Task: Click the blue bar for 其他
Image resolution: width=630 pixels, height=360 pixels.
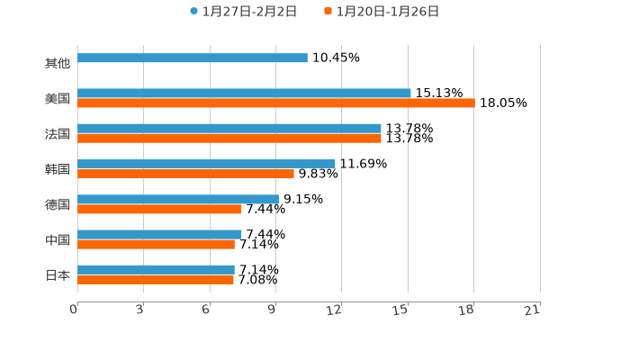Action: pyautogui.click(x=193, y=58)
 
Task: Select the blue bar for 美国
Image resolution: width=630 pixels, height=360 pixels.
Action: pyautogui.click(x=244, y=94)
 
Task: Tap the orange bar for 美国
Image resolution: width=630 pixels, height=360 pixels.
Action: pyautogui.click(x=276, y=103)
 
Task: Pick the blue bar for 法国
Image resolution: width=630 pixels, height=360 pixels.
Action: pyautogui.click(x=229, y=129)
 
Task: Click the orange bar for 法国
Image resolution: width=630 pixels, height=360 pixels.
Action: pyautogui.click(x=229, y=139)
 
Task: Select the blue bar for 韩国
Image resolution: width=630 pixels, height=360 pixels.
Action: pyautogui.click(x=206, y=164)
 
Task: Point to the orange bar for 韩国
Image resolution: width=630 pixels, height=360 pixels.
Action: pyautogui.click(x=185, y=174)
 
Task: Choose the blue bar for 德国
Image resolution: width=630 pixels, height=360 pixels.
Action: pyautogui.click(x=178, y=200)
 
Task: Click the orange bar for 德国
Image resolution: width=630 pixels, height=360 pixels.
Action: pyautogui.click(x=159, y=210)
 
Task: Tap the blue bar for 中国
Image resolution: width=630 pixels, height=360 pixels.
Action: pyautogui.click(x=159, y=235)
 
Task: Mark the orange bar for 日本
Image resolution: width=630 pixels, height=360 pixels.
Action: pyautogui.click(x=156, y=280)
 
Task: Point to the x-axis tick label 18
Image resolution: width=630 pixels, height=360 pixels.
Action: pyautogui.click(x=466, y=310)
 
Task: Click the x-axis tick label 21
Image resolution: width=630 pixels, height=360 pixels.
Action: pyautogui.click(x=532, y=310)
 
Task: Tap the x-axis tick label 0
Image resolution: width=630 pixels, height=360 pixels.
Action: pyautogui.click(x=74, y=310)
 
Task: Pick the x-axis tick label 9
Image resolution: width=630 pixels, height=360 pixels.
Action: pyautogui.click(x=271, y=310)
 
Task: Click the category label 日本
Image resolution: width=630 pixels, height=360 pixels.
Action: pyautogui.click(x=58, y=275)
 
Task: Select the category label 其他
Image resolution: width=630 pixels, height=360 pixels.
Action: pyautogui.click(x=58, y=64)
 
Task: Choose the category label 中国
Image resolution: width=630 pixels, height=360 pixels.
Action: pyautogui.click(x=58, y=240)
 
